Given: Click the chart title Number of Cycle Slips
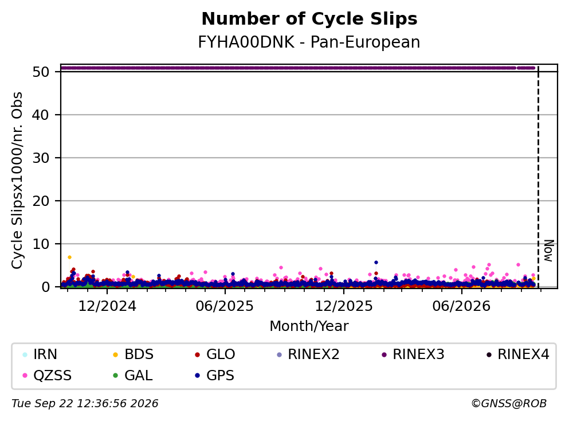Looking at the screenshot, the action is pyautogui.click(x=309, y=19).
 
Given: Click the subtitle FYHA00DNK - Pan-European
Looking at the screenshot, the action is pyautogui.click(x=309, y=42).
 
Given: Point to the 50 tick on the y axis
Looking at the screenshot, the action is pyautogui.click(x=41, y=72).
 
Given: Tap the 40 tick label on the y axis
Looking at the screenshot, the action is pyautogui.click(x=41, y=115).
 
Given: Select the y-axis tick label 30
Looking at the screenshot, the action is pyautogui.click(x=41, y=158).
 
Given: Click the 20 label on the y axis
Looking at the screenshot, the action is pyautogui.click(x=41, y=201).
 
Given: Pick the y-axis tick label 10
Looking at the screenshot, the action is pyautogui.click(x=41, y=244).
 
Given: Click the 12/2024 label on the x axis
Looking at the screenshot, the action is pyautogui.click(x=107, y=306).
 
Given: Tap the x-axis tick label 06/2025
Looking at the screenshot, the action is pyautogui.click(x=225, y=306).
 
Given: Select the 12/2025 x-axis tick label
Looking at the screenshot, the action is pyautogui.click(x=344, y=306).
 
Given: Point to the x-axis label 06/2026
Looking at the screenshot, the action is pyautogui.click(x=461, y=306).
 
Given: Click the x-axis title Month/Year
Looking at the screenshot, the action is pyautogui.click(x=309, y=326).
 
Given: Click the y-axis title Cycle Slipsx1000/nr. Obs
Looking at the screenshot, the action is pyautogui.click(x=17, y=180).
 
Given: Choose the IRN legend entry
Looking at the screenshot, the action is pyautogui.click(x=40, y=354).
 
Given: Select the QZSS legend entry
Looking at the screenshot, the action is pyautogui.click(x=47, y=375).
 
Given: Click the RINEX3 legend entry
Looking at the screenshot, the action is pyautogui.click(x=413, y=354).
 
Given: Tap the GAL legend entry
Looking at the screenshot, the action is pyautogui.click(x=133, y=375).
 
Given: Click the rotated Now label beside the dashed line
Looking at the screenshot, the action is pyautogui.click(x=549, y=251).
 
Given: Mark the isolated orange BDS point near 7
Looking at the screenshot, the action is pyautogui.click(x=70, y=257).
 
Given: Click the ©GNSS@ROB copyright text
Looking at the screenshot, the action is pyautogui.click(x=509, y=404).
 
